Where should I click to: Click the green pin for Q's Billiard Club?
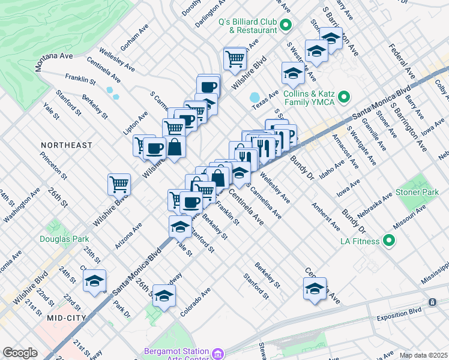coord(285,25)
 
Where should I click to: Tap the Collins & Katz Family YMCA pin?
coord(344,97)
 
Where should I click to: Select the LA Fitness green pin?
coord(389,241)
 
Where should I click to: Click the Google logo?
coord(20,352)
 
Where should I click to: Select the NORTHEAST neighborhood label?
coord(67,145)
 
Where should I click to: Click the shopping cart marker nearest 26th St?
coord(119,184)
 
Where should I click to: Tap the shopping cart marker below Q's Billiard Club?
coord(235,58)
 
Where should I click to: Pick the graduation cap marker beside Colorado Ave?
coord(164,295)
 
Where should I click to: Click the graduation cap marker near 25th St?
coord(94,281)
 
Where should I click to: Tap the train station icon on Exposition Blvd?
coord(432,302)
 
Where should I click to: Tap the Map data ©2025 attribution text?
coord(424,355)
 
